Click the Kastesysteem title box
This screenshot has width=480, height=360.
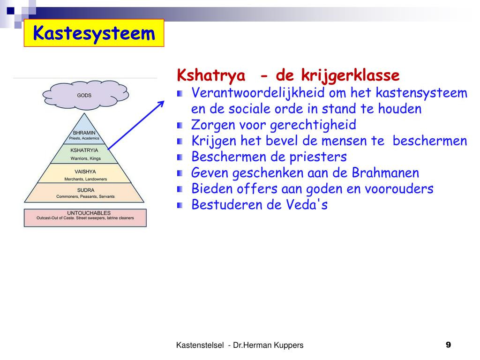[x=94, y=33]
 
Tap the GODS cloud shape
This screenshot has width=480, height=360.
[x=85, y=95]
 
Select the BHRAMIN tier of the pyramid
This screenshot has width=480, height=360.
[x=84, y=135]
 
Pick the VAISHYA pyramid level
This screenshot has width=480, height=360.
[x=85, y=174]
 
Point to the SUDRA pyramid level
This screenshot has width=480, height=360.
[x=85, y=192]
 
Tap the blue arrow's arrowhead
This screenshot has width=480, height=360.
[x=161, y=104]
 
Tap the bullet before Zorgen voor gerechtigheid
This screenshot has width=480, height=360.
[x=180, y=126]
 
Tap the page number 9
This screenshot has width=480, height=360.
[x=448, y=345]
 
